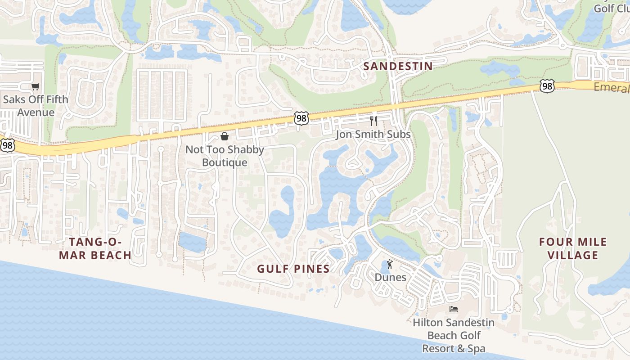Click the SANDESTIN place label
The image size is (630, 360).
point(398,66)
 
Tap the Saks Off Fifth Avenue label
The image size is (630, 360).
point(36,106)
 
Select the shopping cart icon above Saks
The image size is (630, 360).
point(35,87)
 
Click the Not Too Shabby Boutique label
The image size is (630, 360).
point(225,156)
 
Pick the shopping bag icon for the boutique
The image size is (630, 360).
point(225,136)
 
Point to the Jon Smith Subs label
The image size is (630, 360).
point(373,134)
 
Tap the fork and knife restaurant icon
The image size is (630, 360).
point(373,121)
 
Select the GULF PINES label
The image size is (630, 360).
point(293,269)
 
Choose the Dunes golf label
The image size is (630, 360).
point(391,277)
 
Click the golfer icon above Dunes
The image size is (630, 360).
point(390,264)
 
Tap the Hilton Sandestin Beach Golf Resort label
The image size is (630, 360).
point(454,335)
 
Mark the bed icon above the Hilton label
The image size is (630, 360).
point(454,309)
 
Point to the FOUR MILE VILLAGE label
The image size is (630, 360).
point(573,248)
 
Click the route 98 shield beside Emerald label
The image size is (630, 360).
point(547,86)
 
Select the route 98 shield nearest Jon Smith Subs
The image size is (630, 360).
point(301,118)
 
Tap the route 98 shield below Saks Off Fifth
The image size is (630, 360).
point(7,145)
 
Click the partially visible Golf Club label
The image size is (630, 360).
point(612,8)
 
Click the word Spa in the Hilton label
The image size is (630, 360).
point(475,348)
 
